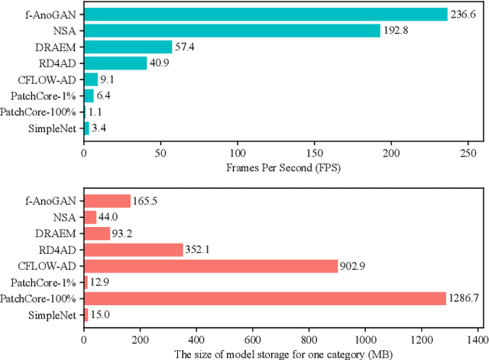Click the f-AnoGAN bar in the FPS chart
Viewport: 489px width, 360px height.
(x=265, y=15)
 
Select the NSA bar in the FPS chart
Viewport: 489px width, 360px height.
(x=232, y=31)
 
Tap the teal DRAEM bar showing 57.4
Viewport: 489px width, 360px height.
(x=128, y=47)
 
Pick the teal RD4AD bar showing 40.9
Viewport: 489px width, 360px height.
(x=115, y=63)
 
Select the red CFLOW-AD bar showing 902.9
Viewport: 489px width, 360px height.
(x=210, y=266)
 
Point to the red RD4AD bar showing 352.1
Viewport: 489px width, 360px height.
(x=133, y=249)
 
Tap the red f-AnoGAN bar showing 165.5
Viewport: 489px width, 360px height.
(x=107, y=201)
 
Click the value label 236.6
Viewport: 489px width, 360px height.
(x=465, y=15)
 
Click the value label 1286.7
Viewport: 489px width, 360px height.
(x=465, y=298)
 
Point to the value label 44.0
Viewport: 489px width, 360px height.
(x=108, y=217)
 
